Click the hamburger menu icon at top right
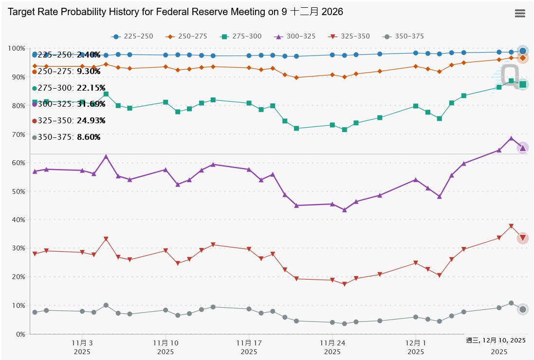520,14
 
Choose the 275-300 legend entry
241,37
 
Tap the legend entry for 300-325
296,37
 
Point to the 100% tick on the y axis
17,49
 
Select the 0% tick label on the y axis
20,335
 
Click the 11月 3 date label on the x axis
82,343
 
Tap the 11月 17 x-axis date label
249,343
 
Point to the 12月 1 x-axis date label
416,343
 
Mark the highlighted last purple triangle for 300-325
522,148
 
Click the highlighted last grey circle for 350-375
522,309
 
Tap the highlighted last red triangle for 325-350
522,238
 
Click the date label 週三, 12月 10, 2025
496,340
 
